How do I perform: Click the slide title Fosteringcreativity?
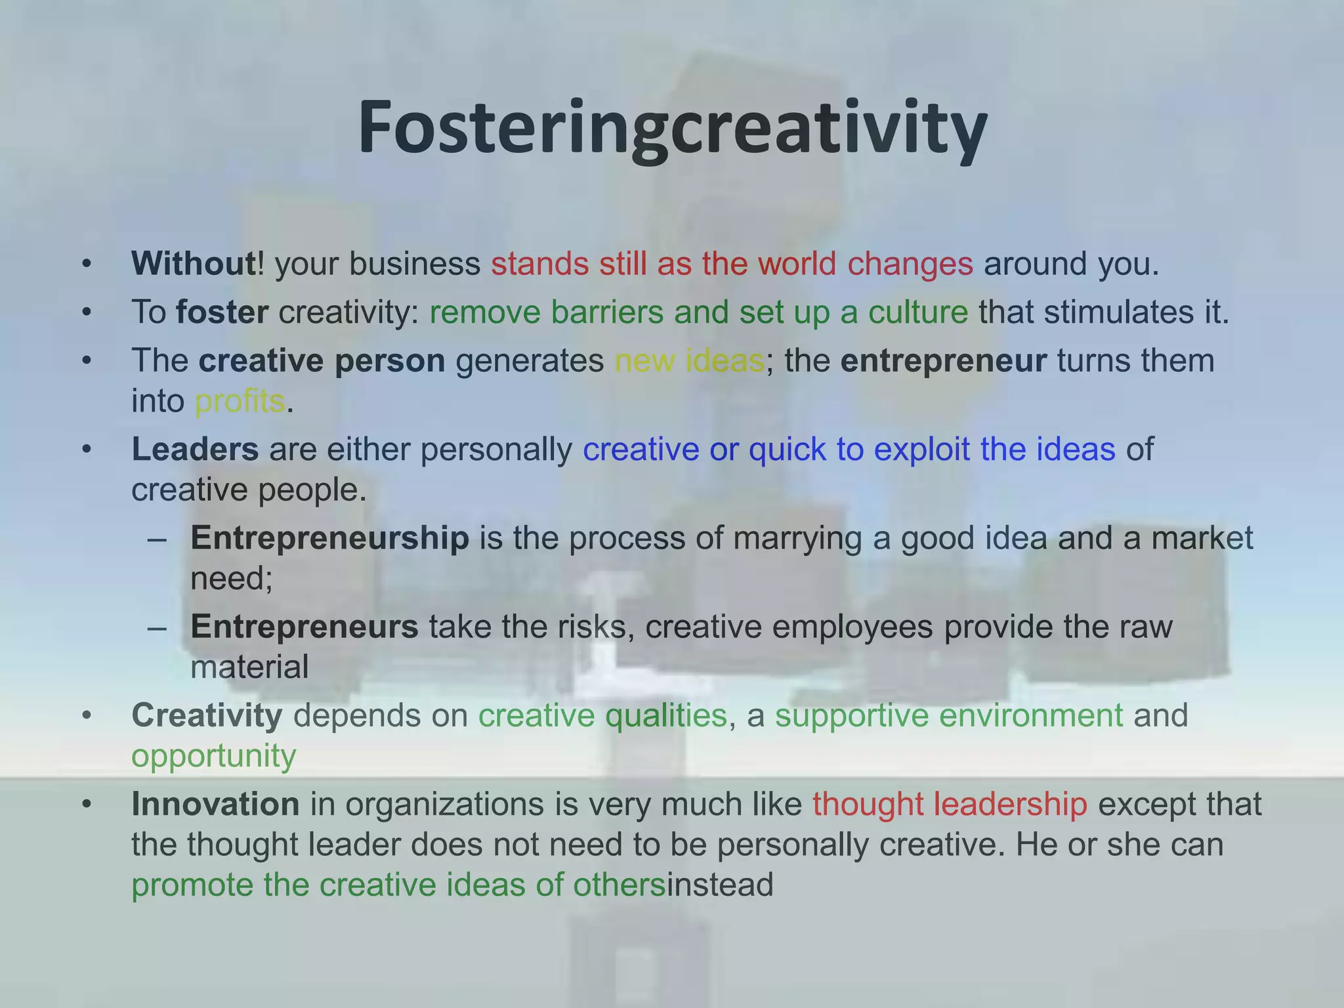tap(672, 128)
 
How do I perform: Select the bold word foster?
tap(222, 312)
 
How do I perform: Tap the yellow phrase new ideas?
tap(689, 361)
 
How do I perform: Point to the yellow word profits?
tap(240, 401)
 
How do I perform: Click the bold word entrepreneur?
tap(943, 361)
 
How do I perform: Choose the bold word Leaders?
tap(195, 450)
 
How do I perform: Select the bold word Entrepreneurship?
tap(329, 538)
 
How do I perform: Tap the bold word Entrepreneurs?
tap(304, 627)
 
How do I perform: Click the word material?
tap(249, 667)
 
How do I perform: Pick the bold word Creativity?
tap(207, 715)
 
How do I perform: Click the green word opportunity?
tap(213, 756)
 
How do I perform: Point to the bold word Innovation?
tap(215, 804)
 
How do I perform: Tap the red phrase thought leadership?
tap(950, 804)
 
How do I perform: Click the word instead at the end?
tap(720, 885)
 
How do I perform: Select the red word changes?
tap(910, 264)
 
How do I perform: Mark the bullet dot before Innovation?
tap(87, 805)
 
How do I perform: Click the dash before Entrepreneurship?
tap(157, 539)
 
